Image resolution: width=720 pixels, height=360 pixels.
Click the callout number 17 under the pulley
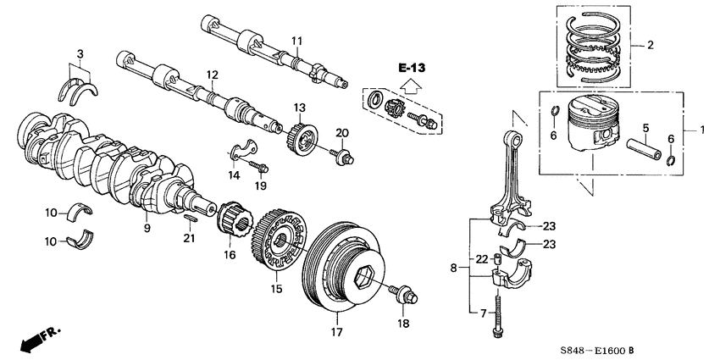coord(335,331)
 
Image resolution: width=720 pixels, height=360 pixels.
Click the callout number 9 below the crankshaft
coord(147,229)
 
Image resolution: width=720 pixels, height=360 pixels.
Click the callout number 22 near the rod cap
coord(480,258)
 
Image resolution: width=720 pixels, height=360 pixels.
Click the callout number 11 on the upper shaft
coord(296,41)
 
